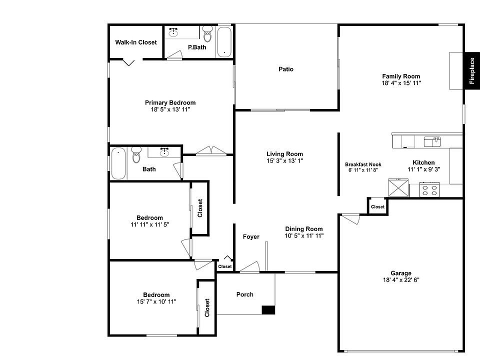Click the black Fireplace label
472,70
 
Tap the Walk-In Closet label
136,42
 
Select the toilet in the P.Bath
207,35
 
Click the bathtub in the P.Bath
224,42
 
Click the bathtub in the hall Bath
118,163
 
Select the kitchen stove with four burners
429,190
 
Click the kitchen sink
432,142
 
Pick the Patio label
286,69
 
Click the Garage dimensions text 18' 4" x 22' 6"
401,280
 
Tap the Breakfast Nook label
363,164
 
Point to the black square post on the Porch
268,310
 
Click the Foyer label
251,236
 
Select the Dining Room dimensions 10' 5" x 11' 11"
304,235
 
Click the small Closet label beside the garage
377,206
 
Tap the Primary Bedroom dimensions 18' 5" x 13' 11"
170,109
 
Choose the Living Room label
284,154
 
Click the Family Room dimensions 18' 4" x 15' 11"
401,83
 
